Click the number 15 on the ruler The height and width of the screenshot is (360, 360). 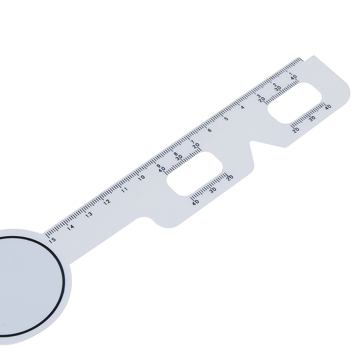click(x=52, y=240)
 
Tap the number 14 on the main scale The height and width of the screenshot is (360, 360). click(x=71, y=227)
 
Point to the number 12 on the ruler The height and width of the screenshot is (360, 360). click(x=107, y=202)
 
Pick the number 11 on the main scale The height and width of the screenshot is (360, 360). click(x=125, y=190)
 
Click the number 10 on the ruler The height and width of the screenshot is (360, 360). click(x=142, y=177)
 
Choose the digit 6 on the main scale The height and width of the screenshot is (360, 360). click(x=210, y=130)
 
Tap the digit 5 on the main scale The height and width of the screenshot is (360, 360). click(x=226, y=119)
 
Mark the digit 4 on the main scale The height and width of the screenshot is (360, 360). click(x=243, y=107)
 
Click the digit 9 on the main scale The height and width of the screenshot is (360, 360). click(x=158, y=166)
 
